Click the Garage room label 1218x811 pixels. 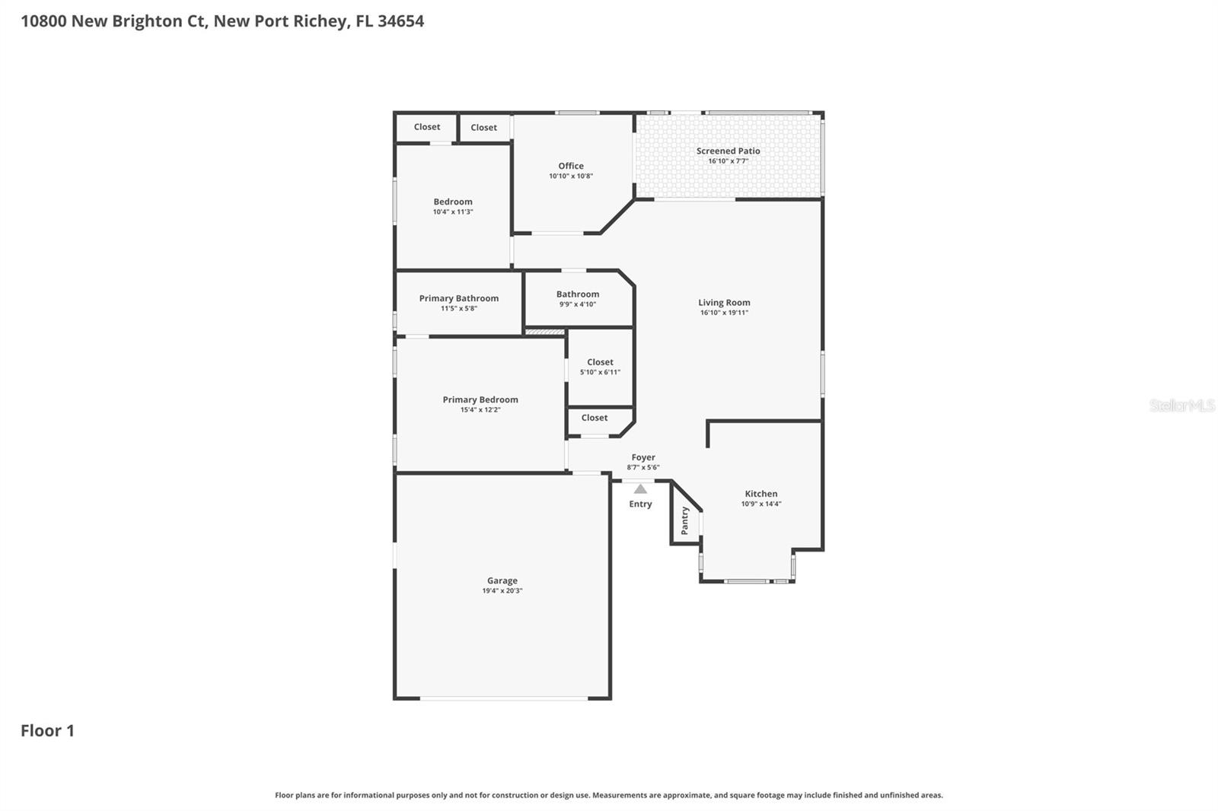pyautogui.click(x=502, y=580)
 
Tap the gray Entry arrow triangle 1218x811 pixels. pyautogui.click(x=640, y=489)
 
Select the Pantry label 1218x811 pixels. pyautogui.click(x=684, y=520)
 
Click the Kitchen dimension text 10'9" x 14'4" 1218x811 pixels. pyautogui.click(x=761, y=504)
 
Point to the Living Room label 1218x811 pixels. pyautogui.click(x=724, y=302)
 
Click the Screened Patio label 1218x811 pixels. pyautogui.click(x=728, y=151)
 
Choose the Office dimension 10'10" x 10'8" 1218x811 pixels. pyautogui.click(x=571, y=176)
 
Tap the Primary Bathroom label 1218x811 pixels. pyautogui.click(x=458, y=298)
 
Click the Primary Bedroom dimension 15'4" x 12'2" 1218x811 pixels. pyautogui.click(x=480, y=409)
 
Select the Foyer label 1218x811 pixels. pyautogui.click(x=643, y=457)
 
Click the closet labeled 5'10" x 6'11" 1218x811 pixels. pyautogui.click(x=600, y=367)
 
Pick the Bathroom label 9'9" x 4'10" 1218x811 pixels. pyautogui.click(x=577, y=298)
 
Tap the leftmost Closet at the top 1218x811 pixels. pyautogui.click(x=426, y=127)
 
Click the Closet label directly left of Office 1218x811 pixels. pyautogui.click(x=483, y=128)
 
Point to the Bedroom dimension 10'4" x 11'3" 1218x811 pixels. pyautogui.click(x=453, y=211)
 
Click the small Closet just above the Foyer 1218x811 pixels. pyautogui.click(x=594, y=418)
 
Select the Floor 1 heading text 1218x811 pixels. pyautogui.click(x=47, y=730)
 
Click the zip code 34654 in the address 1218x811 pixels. pyautogui.click(x=400, y=21)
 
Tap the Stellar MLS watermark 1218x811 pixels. pyautogui.click(x=1181, y=405)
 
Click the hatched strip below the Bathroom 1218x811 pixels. pyautogui.click(x=545, y=332)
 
